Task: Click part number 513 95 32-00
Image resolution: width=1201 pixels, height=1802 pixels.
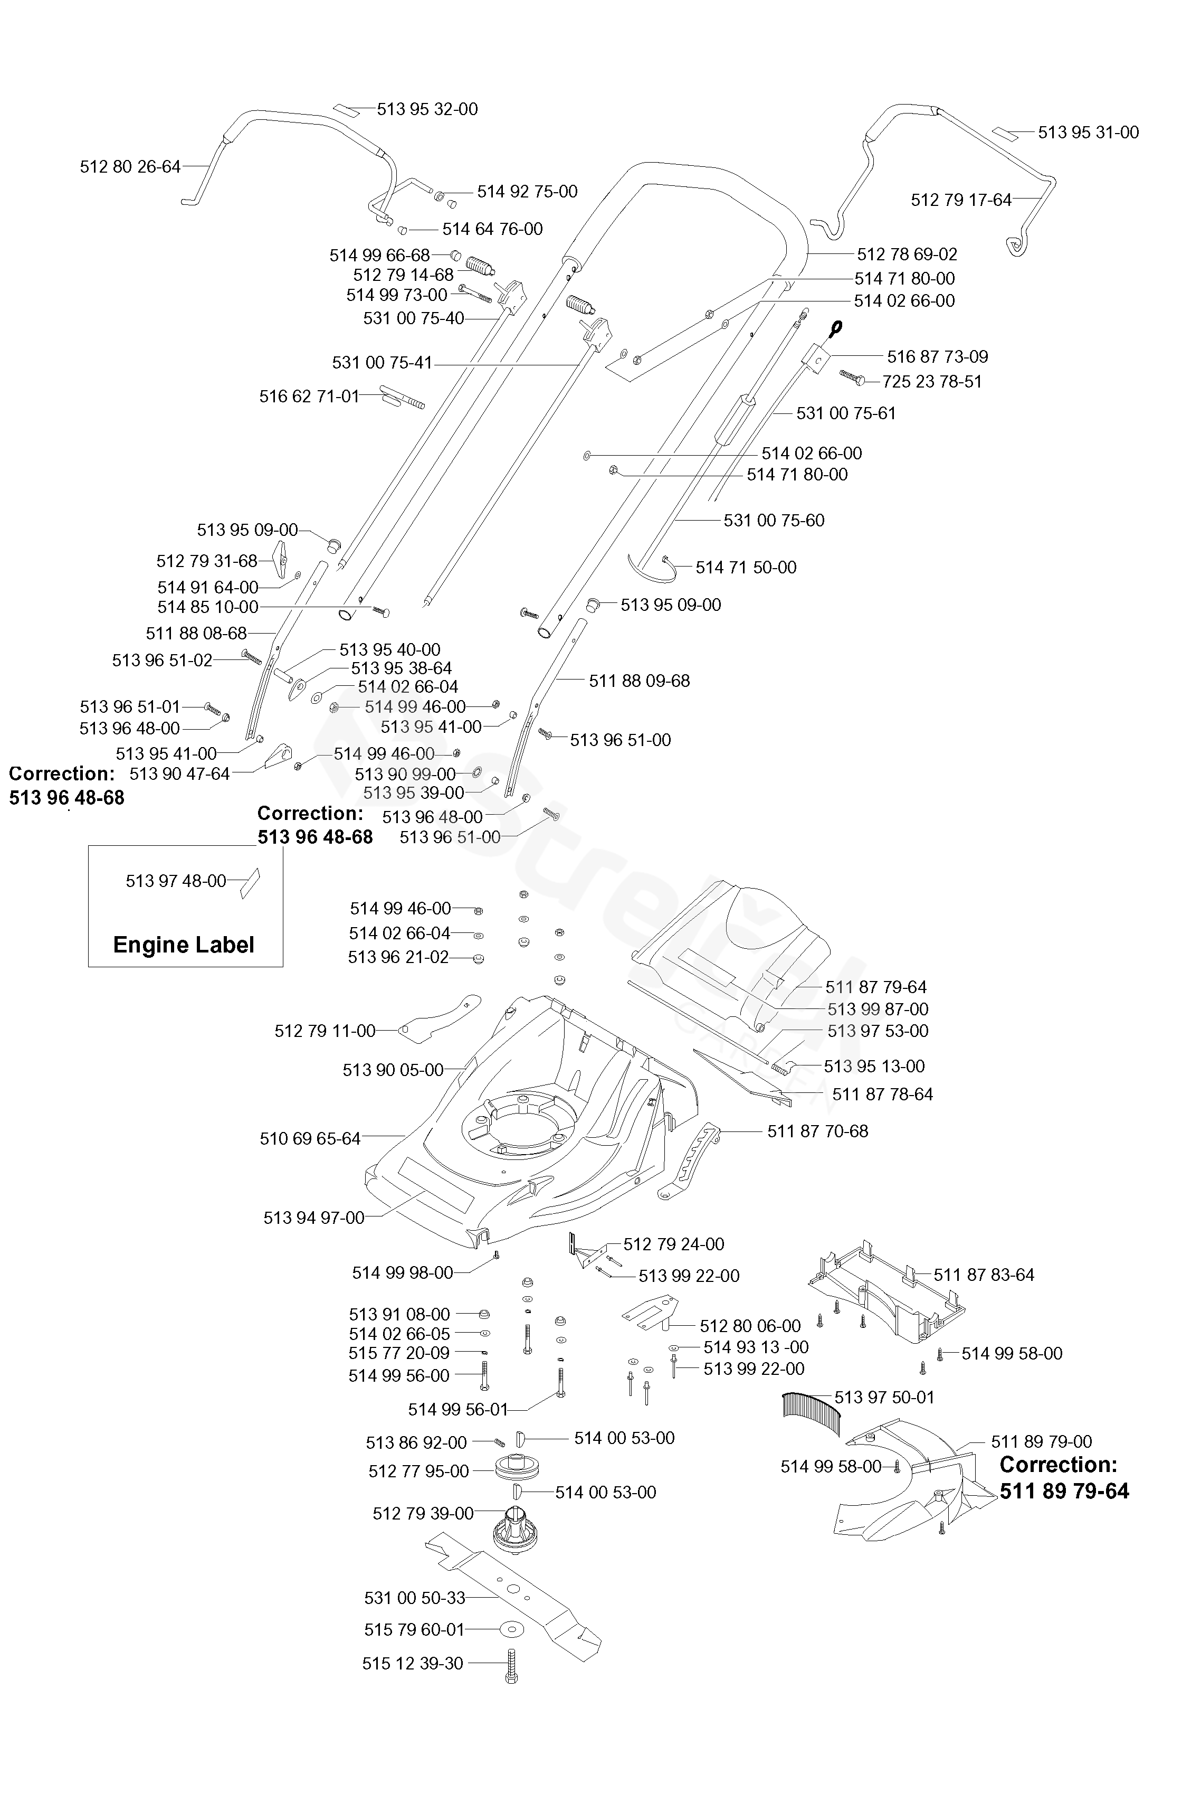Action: pyautogui.click(x=427, y=109)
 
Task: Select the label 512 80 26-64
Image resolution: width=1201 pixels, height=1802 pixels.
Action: pyautogui.click(x=130, y=166)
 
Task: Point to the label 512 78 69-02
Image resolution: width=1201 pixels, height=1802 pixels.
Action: pyautogui.click(x=907, y=253)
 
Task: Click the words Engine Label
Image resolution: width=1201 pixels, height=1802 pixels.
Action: pyautogui.click(x=184, y=945)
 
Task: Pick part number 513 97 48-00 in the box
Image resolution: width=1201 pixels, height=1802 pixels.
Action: pyautogui.click(x=176, y=881)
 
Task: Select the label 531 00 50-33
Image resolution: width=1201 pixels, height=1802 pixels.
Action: pyautogui.click(x=414, y=1598)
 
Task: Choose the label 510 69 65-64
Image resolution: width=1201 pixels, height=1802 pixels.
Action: pyautogui.click(x=310, y=1138)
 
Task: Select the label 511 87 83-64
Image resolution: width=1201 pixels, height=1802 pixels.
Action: pyautogui.click(x=984, y=1275)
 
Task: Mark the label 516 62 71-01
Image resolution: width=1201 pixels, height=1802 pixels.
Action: pyautogui.click(x=309, y=396)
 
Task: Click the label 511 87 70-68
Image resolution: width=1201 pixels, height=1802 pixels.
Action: pyautogui.click(x=817, y=1131)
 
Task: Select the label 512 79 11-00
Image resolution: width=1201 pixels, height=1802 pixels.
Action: pyautogui.click(x=325, y=1031)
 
